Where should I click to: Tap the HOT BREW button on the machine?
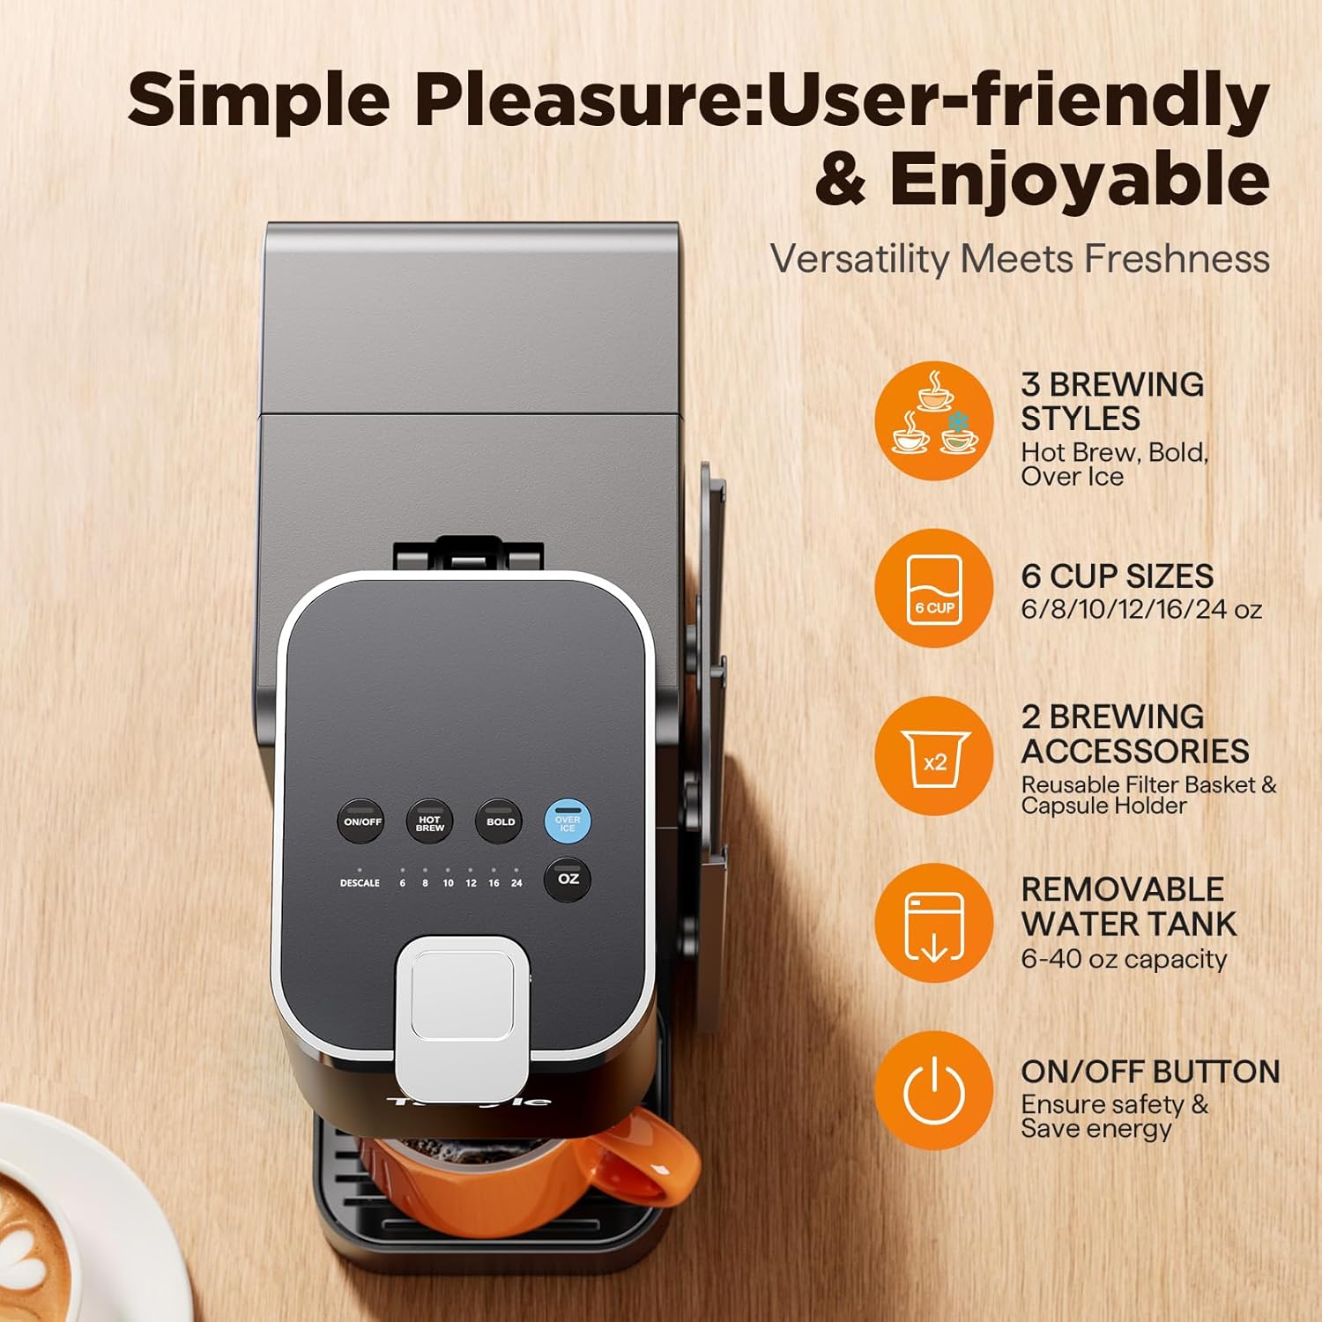point(429,821)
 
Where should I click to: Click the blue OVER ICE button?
point(568,821)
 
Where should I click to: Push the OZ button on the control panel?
point(568,879)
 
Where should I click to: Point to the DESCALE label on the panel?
point(360,882)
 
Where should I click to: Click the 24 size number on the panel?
point(516,882)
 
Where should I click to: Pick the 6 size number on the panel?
point(403,882)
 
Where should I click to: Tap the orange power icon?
point(934,1091)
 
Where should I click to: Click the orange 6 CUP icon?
point(934,588)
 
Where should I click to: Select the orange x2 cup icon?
point(934,756)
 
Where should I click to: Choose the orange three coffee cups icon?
point(934,420)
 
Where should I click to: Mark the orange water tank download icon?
point(934,924)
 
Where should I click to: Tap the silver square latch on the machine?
point(462,991)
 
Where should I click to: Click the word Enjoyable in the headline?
point(1079,179)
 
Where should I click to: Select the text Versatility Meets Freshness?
point(1020,259)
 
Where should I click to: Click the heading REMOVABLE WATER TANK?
point(1128,906)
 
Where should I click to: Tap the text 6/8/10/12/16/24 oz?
point(1141,609)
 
